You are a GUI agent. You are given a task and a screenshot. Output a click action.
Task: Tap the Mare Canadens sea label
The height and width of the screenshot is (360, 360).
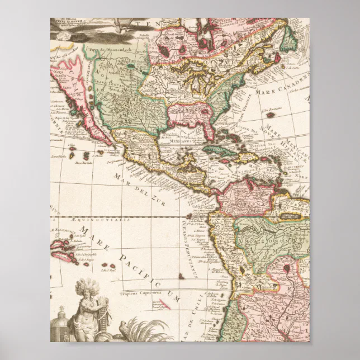click(x=280, y=82)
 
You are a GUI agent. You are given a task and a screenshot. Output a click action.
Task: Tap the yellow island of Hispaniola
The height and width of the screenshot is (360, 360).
click(x=248, y=158)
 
